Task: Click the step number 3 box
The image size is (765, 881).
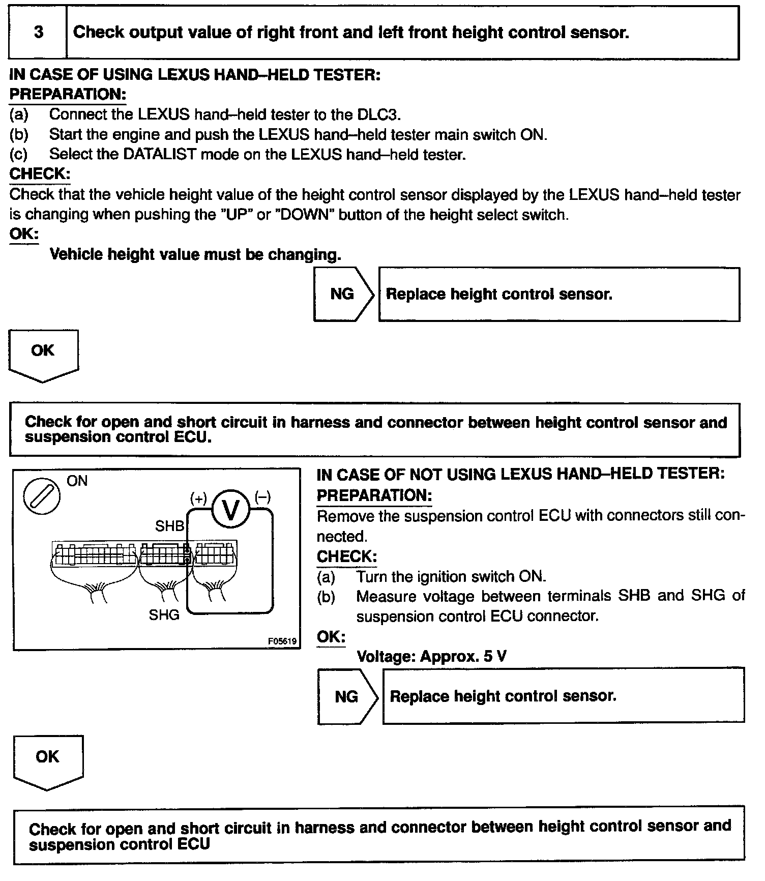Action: click(x=38, y=33)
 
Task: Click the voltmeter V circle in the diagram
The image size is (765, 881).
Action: click(x=230, y=509)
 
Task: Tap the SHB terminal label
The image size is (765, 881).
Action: click(x=169, y=526)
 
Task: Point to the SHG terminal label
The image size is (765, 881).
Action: click(x=164, y=615)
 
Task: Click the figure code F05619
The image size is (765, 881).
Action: click(x=282, y=641)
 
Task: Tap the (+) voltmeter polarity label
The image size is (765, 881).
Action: click(x=198, y=498)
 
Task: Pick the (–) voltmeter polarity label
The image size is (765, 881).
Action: click(x=262, y=497)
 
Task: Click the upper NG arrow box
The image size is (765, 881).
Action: click(x=343, y=294)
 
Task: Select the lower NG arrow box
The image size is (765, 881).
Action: click(x=348, y=696)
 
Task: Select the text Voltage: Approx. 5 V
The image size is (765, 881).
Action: click(x=431, y=656)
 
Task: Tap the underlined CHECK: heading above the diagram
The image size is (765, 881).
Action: click(x=40, y=174)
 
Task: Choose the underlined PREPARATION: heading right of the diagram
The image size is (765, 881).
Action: click(x=374, y=495)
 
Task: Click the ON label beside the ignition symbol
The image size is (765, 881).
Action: click(x=77, y=481)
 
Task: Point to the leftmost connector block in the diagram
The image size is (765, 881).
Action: click(x=95, y=554)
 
